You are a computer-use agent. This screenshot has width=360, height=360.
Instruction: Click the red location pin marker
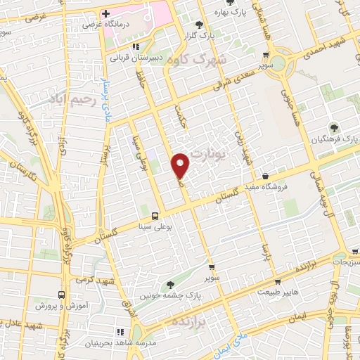click(x=181, y=165)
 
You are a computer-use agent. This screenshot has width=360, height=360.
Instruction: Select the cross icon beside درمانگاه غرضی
click(x=105, y=13)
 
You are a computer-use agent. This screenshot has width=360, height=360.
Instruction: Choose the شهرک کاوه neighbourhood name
click(x=193, y=59)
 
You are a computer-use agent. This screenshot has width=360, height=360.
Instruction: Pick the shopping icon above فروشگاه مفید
click(x=264, y=175)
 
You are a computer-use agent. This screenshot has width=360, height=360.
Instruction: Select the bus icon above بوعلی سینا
click(x=155, y=216)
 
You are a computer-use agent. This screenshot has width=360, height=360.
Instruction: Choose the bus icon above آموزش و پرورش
click(x=61, y=295)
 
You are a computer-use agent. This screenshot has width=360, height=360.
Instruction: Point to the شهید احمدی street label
click(x=324, y=50)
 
